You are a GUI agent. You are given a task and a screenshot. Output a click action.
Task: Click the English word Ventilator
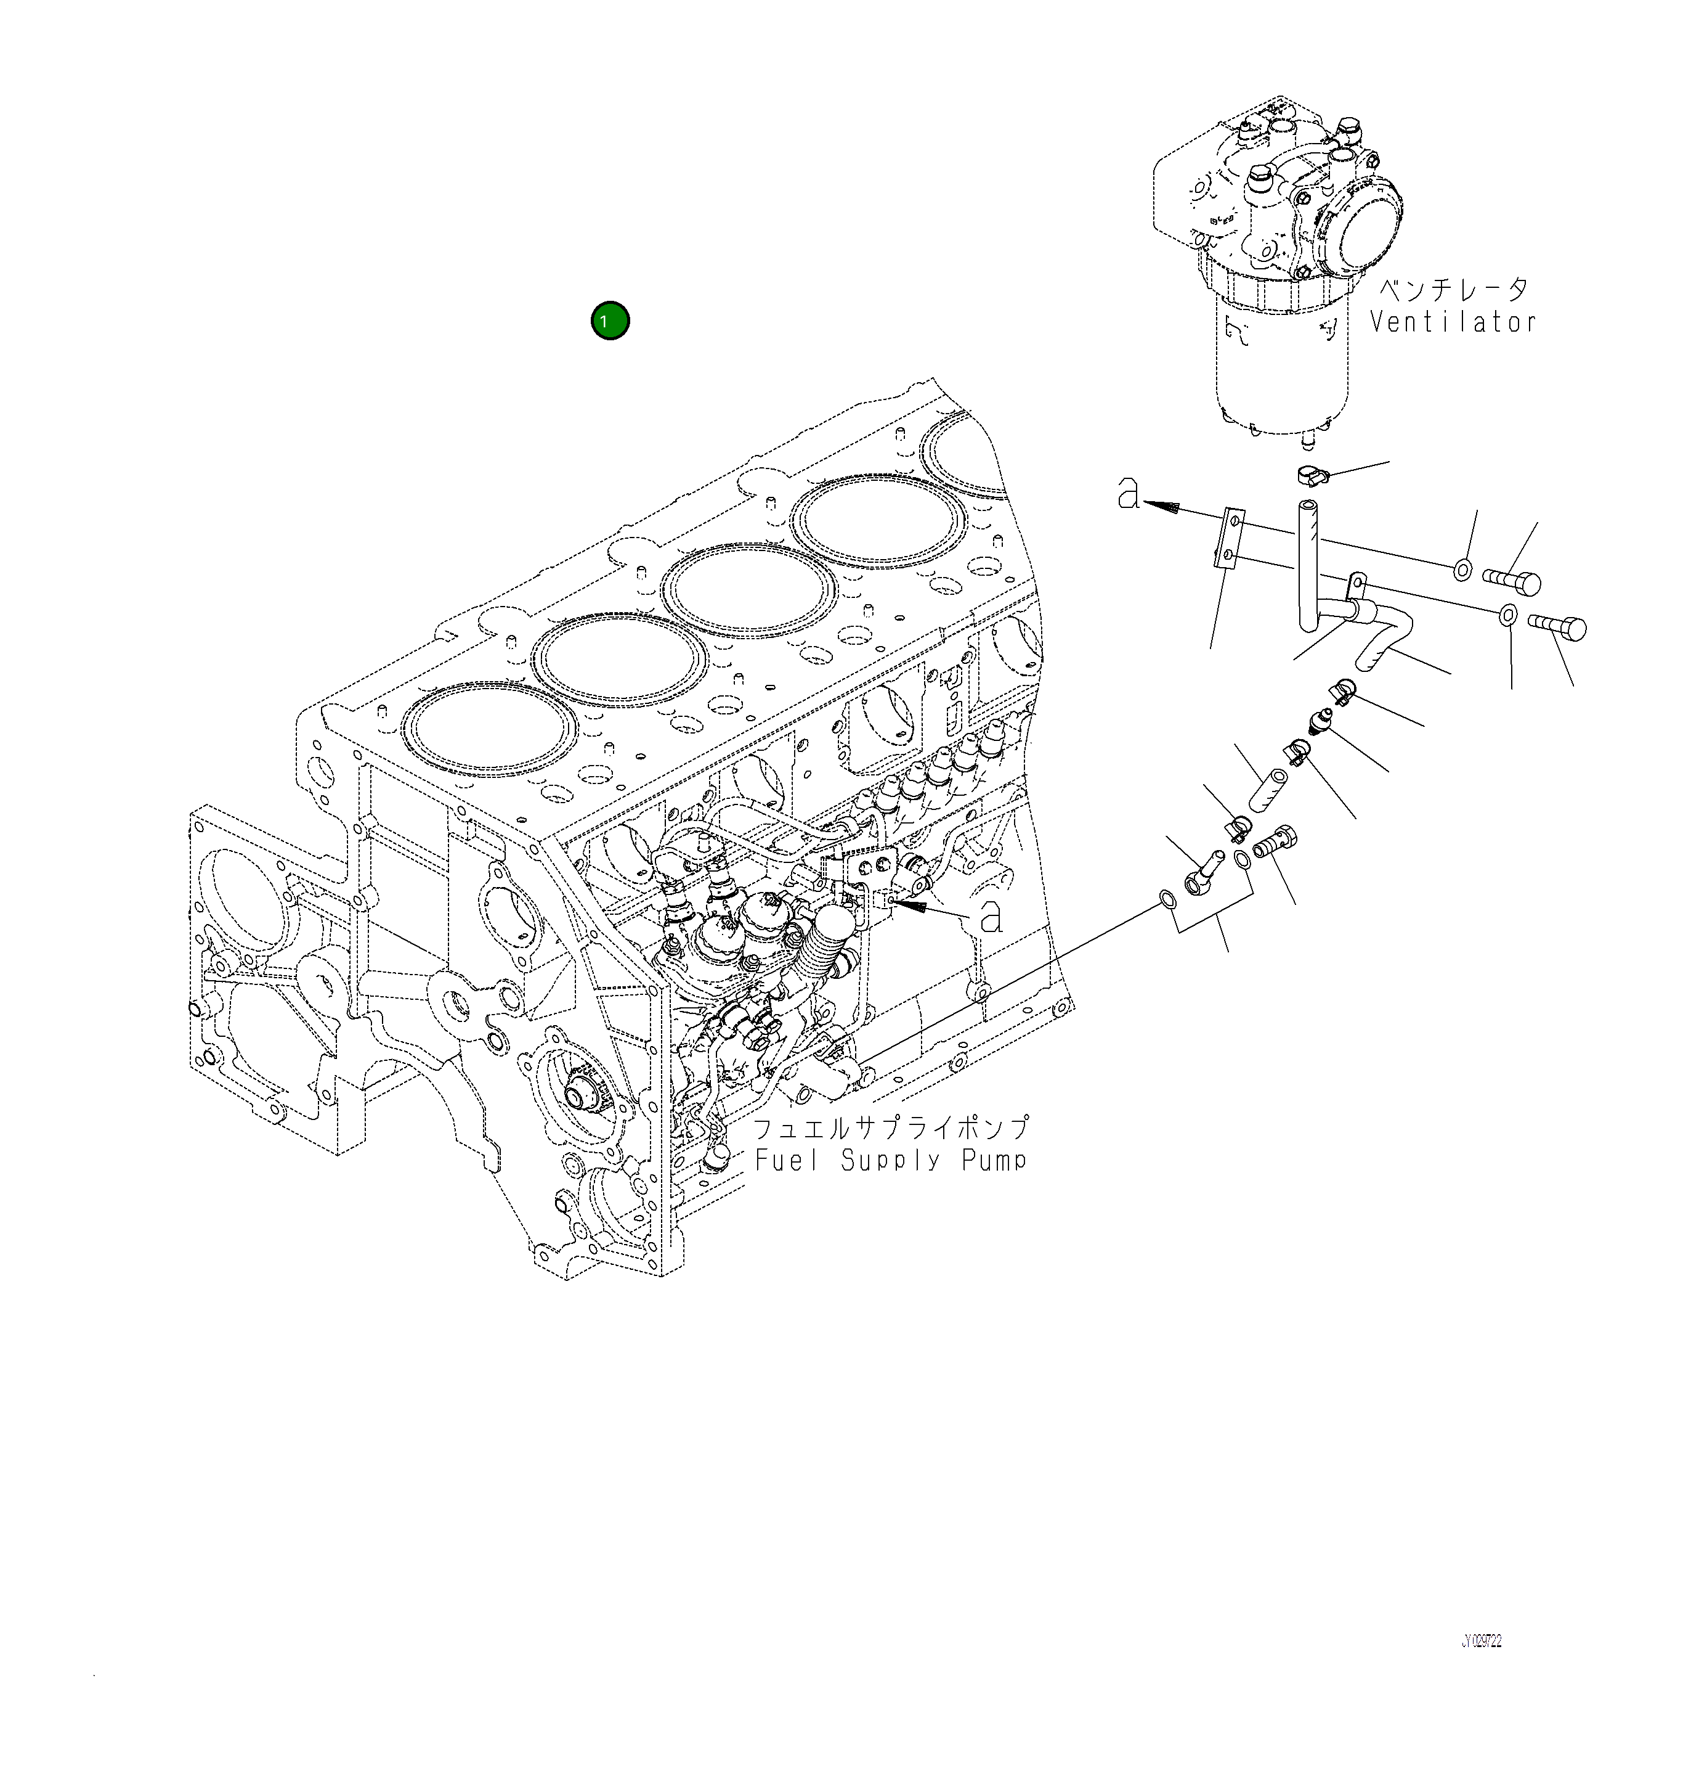click(1453, 322)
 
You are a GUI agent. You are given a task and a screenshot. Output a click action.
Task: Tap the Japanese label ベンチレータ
click(1454, 290)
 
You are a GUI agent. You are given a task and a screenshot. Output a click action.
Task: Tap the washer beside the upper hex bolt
click(1463, 570)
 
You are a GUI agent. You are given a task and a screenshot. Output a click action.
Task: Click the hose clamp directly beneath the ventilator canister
click(1312, 474)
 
